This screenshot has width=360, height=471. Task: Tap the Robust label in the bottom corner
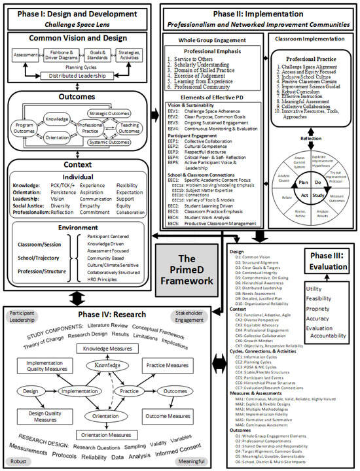[18, 460]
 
